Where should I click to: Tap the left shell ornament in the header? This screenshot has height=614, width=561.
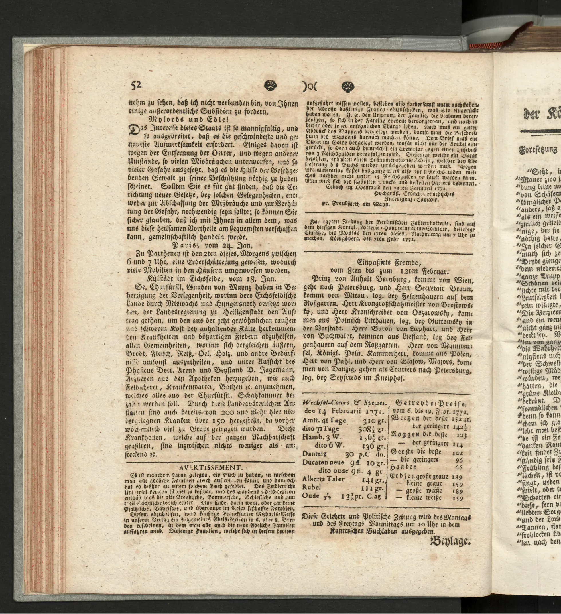(x=270, y=86)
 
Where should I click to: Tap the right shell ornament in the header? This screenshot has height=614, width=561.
(x=348, y=86)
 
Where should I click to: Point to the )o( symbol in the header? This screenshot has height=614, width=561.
(x=310, y=86)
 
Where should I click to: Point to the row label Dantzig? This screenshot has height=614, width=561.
(x=315, y=454)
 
